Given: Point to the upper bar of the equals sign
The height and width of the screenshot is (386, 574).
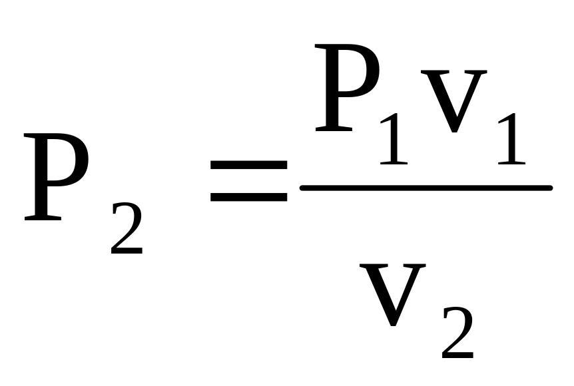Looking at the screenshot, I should [x=248, y=165].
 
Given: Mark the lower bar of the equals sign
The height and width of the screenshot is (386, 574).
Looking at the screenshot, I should [x=248, y=197].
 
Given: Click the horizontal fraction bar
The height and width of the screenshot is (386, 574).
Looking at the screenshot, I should [x=426, y=188].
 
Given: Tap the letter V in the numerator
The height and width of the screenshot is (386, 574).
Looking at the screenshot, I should [x=453, y=100].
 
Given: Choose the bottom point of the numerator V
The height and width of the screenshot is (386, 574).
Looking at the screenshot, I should [x=453, y=132].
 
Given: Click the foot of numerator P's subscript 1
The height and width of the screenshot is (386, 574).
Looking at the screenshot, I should [x=394, y=162].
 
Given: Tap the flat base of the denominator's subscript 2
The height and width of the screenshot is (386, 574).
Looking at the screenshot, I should [x=458, y=357].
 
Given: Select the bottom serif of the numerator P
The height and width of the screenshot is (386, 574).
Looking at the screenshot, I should [x=333, y=128].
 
